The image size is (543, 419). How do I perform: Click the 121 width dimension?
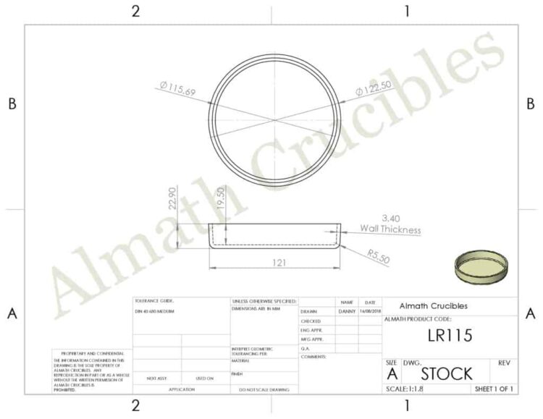coord(274,262)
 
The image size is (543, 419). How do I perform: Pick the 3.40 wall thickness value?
coord(390,217)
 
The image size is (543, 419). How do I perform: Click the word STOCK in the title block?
coord(447,373)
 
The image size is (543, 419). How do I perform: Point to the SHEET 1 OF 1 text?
coord(494,389)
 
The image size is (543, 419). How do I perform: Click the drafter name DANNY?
coord(347,311)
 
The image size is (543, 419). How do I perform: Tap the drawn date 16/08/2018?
coord(370,311)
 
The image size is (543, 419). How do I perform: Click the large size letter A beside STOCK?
coord(392,374)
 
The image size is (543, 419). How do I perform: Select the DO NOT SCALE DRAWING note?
coord(264,390)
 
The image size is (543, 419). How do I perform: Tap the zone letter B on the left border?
coord(12,104)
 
